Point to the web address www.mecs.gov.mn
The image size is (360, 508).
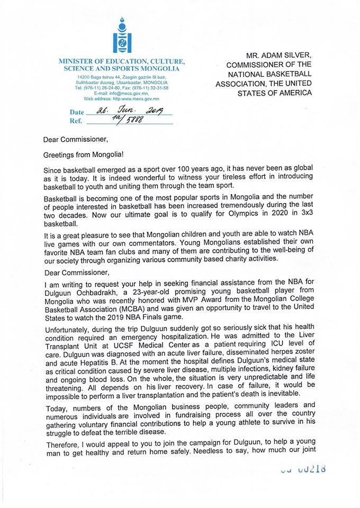tap(133, 98)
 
